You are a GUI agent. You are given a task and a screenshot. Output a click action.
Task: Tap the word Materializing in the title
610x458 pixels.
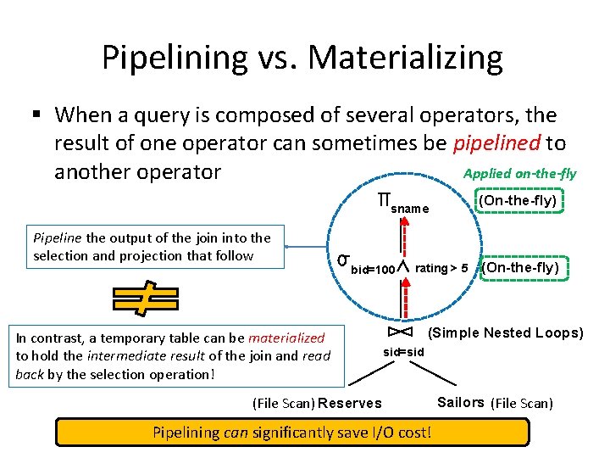tap(406, 58)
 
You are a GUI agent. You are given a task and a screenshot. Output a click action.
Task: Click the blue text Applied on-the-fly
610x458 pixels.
tap(519, 174)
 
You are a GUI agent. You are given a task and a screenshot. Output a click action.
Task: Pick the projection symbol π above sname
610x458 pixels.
tap(384, 201)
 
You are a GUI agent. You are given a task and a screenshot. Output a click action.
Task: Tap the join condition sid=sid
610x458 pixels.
tap(402, 352)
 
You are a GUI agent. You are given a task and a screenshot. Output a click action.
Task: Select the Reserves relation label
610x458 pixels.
tap(350, 403)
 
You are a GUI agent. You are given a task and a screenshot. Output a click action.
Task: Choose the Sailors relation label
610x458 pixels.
tap(460, 402)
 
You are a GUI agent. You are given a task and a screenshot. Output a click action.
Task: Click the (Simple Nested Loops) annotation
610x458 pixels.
tap(507, 332)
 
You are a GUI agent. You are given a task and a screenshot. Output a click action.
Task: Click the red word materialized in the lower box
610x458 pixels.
tap(286, 338)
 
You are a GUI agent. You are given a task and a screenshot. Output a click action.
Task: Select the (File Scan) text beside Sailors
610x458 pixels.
tap(522, 403)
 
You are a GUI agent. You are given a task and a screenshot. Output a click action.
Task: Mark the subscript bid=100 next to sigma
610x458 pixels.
tap(373, 270)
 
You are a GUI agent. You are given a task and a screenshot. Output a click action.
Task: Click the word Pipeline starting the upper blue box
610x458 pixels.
tap(58, 238)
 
